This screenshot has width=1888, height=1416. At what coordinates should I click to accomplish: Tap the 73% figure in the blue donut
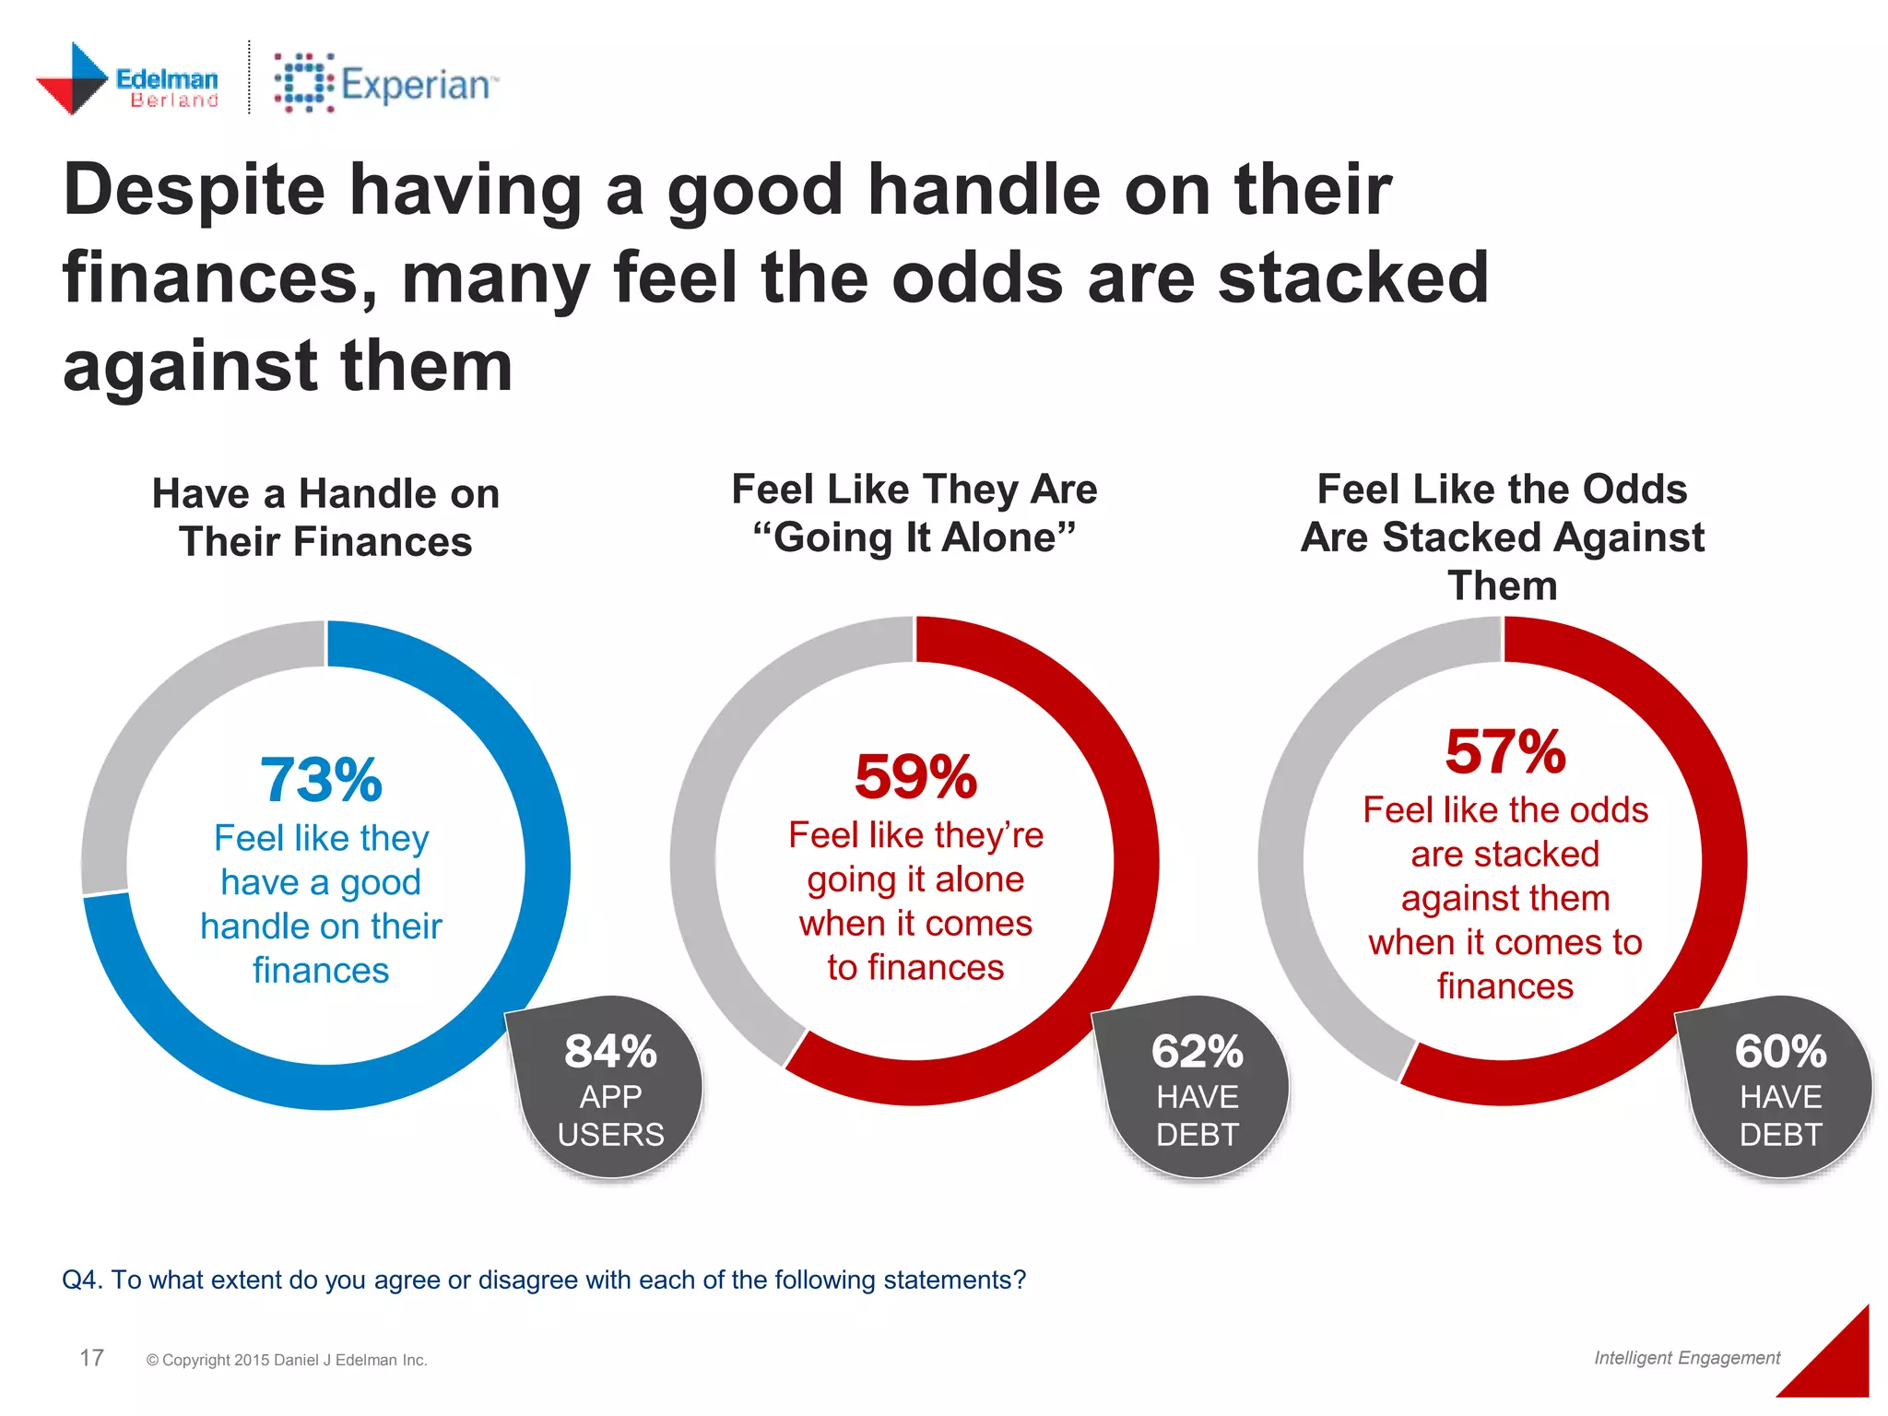click(321, 780)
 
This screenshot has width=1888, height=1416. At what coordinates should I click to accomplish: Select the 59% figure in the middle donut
click(915, 776)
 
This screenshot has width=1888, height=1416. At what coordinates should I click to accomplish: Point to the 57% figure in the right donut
click(1504, 751)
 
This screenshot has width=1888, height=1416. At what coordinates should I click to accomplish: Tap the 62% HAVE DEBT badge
click(1197, 1089)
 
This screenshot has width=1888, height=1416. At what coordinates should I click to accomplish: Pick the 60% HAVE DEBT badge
click(1779, 1089)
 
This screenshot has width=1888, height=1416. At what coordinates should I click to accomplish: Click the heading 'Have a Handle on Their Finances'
click(325, 517)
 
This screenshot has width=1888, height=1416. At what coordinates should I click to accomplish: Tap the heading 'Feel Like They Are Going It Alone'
click(914, 513)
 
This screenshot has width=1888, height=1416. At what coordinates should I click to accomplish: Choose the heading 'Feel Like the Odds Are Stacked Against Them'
click(1502, 537)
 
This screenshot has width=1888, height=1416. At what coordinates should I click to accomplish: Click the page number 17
click(91, 1358)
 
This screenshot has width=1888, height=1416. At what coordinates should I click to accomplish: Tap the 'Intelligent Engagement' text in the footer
click(1686, 1358)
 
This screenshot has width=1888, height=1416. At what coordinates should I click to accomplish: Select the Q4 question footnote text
click(543, 1280)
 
